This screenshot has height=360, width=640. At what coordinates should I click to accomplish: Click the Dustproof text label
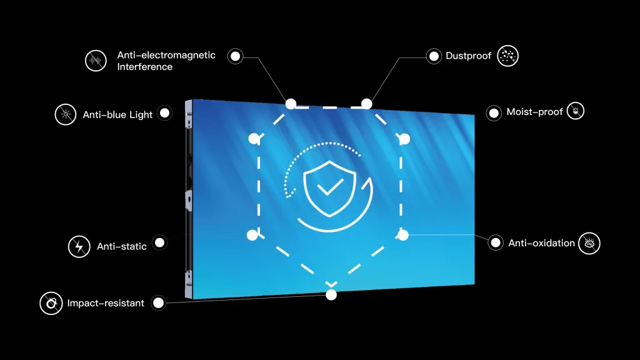(x=469, y=56)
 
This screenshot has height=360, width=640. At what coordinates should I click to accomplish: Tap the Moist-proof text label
(x=535, y=112)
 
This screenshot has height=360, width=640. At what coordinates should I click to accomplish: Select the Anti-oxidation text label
(x=541, y=243)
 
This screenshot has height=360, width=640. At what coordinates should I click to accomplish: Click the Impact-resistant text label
(x=106, y=303)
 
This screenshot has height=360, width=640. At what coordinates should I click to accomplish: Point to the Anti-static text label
(x=122, y=246)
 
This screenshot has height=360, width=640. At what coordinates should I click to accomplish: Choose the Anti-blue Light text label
(x=117, y=115)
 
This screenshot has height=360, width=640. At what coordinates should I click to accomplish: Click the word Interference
(x=145, y=67)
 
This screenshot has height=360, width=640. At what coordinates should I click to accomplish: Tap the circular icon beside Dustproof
(x=508, y=56)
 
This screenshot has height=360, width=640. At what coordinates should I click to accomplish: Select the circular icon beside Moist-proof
(x=576, y=112)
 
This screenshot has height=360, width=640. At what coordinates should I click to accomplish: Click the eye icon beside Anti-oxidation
(x=589, y=243)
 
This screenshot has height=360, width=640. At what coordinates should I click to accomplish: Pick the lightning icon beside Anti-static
(x=79, y=246)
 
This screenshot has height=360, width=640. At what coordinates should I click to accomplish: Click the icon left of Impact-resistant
(x=51, y=304)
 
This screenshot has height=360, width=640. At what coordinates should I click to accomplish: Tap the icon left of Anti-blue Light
(x=65, y=114)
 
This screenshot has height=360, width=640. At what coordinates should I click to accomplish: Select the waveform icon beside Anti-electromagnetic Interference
(x=96, y=61)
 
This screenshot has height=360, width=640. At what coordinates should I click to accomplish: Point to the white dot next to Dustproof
(x=434, y=56)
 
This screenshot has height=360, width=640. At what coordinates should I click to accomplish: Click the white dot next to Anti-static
(x=159, y=243)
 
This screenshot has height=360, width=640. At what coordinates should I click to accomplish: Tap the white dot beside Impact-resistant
(x=159, y=303)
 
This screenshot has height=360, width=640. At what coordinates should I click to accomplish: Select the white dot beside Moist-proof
(x=494, y=113)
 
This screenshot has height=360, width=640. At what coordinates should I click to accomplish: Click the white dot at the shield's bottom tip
(x=331, y=294)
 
